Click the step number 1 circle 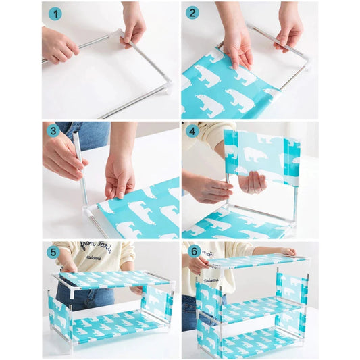(56, 12)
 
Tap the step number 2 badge (193, 12)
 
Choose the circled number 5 (53, 251)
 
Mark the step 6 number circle (193, 251)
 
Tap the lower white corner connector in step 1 (167, 87)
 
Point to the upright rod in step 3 (80, 169)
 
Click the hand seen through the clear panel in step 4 (253, 181)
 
